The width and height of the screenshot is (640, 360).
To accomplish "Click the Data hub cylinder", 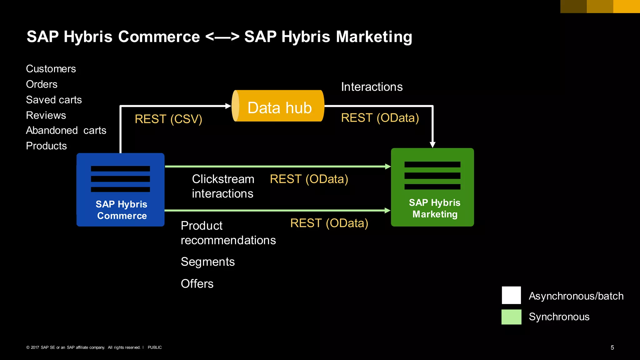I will (x=278, y=106).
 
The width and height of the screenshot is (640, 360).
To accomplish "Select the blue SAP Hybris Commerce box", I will (x=121, y=190).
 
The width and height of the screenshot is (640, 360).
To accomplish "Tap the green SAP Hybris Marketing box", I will (x=432, y=187).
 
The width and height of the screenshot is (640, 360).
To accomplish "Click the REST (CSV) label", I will (x=168, y=119).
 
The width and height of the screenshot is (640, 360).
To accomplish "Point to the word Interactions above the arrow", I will (x=372, y=87).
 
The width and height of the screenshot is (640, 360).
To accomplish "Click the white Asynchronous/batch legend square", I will (x=511, y=295).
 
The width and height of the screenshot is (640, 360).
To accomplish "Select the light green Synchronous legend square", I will (x=511, y=317).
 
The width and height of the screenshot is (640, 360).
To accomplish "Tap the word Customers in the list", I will (x=51, y=69).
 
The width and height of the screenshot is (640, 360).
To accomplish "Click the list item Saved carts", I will (x=54, y=100).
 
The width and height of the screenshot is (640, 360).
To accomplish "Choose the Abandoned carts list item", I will (x=66, y=130).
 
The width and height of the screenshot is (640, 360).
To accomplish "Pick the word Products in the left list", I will (x=46, y=146).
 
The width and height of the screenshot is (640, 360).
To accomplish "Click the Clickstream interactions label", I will (x=223, y=186).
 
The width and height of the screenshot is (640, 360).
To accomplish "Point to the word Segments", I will (x=207, y=262).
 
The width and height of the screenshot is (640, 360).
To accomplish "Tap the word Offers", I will (x=197, y=284).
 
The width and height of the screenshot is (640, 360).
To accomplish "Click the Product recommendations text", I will (x=228, y=233).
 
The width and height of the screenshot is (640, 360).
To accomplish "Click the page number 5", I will (x=612, y=347).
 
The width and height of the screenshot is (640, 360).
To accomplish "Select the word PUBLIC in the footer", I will (x=155, y=347).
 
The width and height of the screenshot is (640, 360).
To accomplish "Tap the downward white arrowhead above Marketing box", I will (x=432, y=144).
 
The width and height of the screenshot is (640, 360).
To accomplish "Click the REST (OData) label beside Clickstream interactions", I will (x=309, y=179).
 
